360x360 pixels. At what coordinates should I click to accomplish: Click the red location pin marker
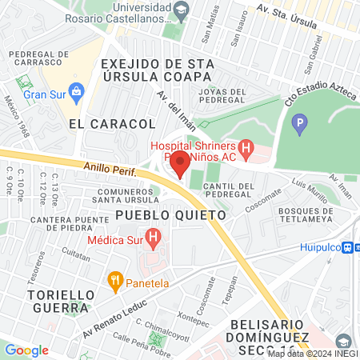pos(180,164)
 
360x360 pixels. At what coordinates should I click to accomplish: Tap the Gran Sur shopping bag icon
pos(77,90)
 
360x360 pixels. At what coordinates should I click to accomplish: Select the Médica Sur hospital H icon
pos(155,238)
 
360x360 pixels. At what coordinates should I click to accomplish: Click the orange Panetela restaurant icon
pos(114,281)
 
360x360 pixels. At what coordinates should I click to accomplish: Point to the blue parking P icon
pos(299,123)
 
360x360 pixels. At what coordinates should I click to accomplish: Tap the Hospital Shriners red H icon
pos(246,149)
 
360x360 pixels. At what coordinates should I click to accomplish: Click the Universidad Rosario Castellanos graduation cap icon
pos(182,10)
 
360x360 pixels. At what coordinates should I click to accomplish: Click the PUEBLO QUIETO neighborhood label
pos(170,215)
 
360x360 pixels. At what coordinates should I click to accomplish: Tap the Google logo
pos(26,350)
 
